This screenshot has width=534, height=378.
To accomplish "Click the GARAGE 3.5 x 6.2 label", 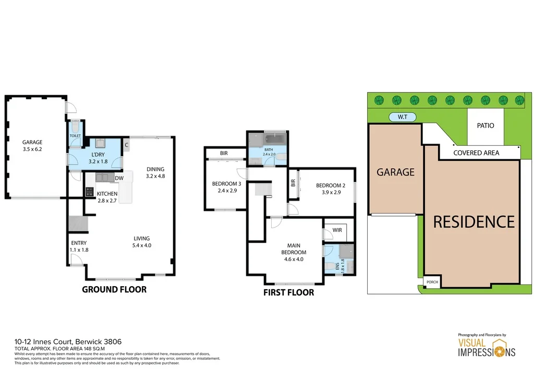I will [x=32, y=146].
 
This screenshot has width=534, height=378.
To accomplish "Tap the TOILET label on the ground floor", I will [x=76, y=135].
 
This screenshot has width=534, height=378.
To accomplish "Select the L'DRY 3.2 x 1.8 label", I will [x=98, y=158].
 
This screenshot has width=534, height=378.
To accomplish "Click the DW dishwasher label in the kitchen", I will [x=119, y=179].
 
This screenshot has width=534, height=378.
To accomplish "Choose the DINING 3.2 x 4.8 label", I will [x=155, y=172].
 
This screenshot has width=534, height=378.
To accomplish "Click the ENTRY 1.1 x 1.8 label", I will [x=79, y=246].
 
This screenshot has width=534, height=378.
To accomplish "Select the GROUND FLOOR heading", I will [x=114, y=289].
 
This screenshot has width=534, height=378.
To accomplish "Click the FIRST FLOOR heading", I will [x=288, y=292].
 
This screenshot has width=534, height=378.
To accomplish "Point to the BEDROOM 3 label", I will [x=226, y=187].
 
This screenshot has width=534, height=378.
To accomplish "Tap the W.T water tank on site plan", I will [x=403, y=117].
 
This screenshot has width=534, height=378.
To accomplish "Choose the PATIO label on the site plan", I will [x=485, y=126].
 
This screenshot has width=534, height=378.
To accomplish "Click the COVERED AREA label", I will [x=476, y=153].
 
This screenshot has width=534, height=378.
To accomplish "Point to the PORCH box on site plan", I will [x=432, y=282].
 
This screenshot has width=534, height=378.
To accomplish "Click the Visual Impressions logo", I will [x=486, y=345].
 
